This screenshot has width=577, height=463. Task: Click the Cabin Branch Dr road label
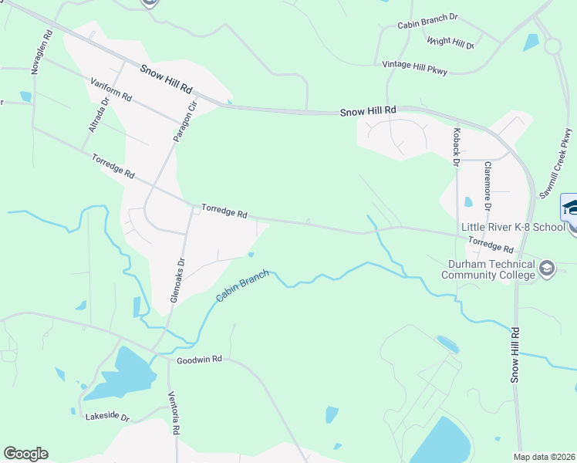427,25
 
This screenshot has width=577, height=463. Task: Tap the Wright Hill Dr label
450,43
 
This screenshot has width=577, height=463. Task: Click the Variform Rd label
111,90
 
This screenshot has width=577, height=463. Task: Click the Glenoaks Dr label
176,280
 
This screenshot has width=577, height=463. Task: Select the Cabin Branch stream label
241,286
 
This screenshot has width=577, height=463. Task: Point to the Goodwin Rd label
199,360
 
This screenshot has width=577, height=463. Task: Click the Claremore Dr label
488,185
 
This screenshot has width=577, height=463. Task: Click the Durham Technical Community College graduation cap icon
547,269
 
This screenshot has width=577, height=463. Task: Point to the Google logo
26,454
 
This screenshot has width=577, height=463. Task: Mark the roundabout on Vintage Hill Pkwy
552,46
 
